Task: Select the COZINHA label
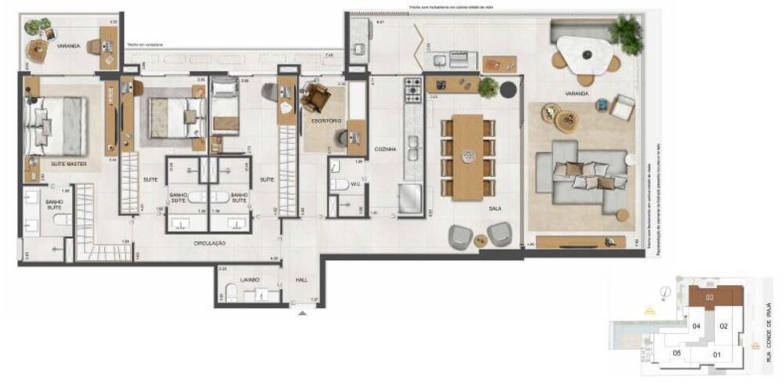pyautogui.click(x=384, y=148)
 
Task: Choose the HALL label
pyautogui.click(x=301, y=280)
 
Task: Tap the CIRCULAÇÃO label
pyautogui.click(x=211, y=244)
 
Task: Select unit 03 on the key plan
pyautogui.click(x=710, y=297)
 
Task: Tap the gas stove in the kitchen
pyautogui.click(x=412, y=92)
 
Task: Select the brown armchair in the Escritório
pyautogui.click(x=317, y=98)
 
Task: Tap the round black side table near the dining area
pyautogui.click(x=510, y=89)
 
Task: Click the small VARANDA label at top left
pyautogui.click(x=68, y=46)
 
